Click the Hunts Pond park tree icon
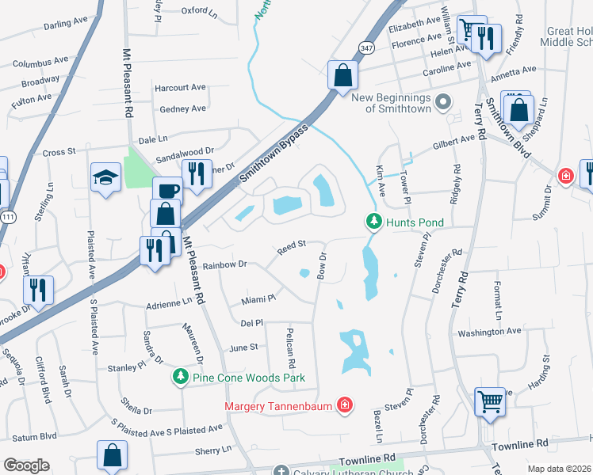[373, 223]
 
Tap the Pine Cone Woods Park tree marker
[182, 378]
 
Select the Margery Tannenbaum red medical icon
[344, 407]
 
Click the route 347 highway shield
[365, 48]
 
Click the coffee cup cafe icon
[167, 191]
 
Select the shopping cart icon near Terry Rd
[490, 401]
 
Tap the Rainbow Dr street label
[226, 265]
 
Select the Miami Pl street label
[258, 299]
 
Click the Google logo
[26, 465]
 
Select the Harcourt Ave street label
[180, 88]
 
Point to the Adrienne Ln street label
[170, 302]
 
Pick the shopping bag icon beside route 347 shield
[343, 76]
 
